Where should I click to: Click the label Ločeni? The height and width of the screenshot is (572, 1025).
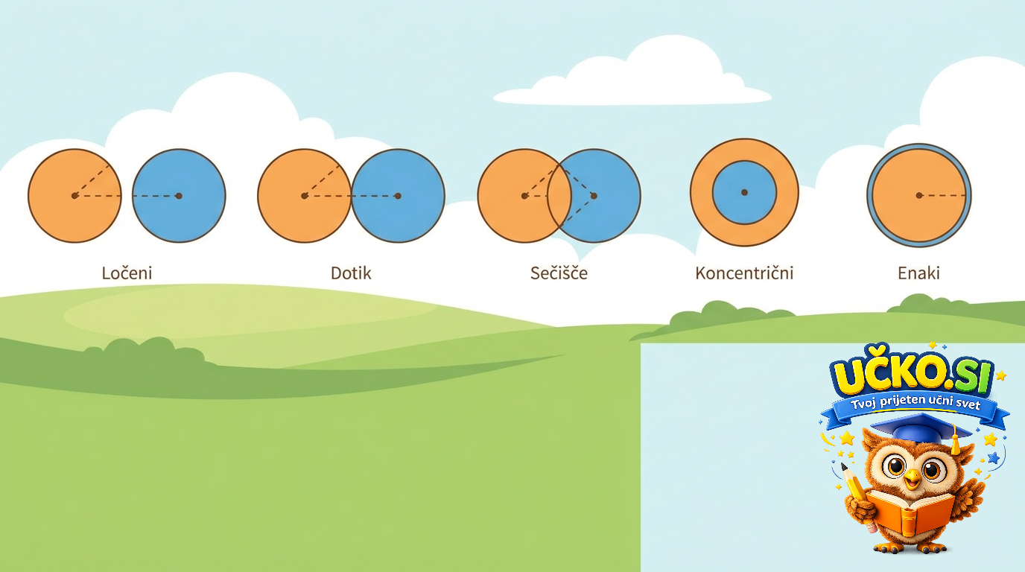[x=127, y=273]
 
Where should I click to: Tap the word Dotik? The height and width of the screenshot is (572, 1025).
[x=351, y=273]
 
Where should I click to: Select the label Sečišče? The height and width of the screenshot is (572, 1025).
[x=559, y=273]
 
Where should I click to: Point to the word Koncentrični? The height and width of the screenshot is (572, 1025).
[x=744, y=273]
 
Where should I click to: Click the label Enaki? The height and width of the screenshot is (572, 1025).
[x=918, y=273]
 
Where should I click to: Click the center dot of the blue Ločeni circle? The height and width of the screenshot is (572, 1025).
[x=179, y=196]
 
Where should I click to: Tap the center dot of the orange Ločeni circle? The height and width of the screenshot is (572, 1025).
[x=74, y=196]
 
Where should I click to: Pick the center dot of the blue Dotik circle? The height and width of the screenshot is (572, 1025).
[x=398, y=196]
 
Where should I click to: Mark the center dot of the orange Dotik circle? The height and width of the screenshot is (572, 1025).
[x=304, y=196]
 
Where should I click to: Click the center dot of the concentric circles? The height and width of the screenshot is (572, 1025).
[x=744, y=193]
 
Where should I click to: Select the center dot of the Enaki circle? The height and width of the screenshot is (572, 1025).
[x=919, y=195]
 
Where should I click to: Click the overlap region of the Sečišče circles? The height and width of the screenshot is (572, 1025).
[x=559, y=196]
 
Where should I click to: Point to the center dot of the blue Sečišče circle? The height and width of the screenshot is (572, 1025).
[x=594, y=196]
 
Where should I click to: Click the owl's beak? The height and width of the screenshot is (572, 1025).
[x=913, y=479]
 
